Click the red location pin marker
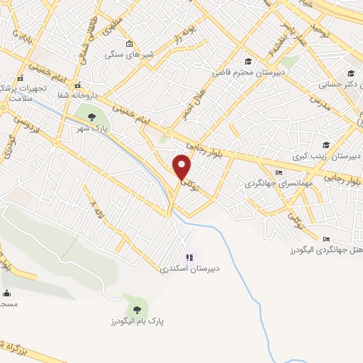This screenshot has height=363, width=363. coord(182,167)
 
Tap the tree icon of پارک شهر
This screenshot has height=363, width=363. coord(90,118)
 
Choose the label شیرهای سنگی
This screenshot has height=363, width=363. coord(124,54)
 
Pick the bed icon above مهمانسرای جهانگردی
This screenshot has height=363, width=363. coord(279,172)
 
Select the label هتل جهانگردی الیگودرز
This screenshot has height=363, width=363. coord(325,251)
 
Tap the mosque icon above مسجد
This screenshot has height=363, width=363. coord(6,294)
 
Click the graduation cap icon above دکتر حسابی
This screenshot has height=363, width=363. coord(351,72)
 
